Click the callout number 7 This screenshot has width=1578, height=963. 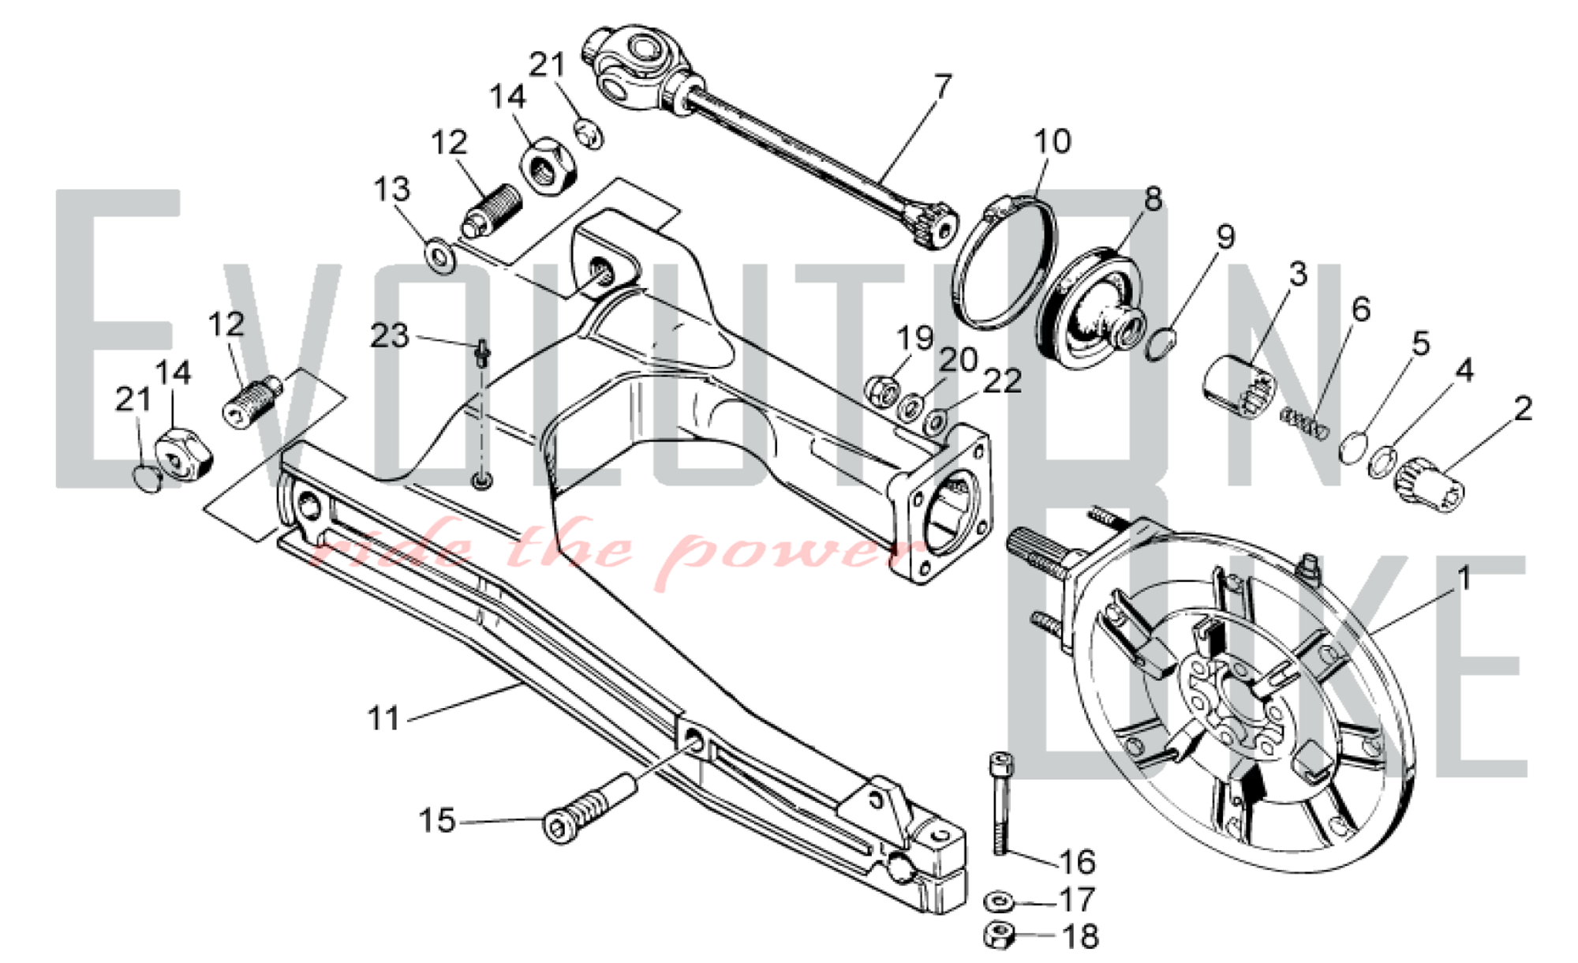942,87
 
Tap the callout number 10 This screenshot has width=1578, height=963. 1053,142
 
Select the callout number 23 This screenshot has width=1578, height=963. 390,336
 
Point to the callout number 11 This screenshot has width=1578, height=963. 384,718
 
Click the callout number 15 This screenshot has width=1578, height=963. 437,821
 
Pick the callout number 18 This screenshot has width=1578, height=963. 1081,937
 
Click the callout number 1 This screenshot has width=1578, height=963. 1464,579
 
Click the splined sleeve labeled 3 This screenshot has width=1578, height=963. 1238,388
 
